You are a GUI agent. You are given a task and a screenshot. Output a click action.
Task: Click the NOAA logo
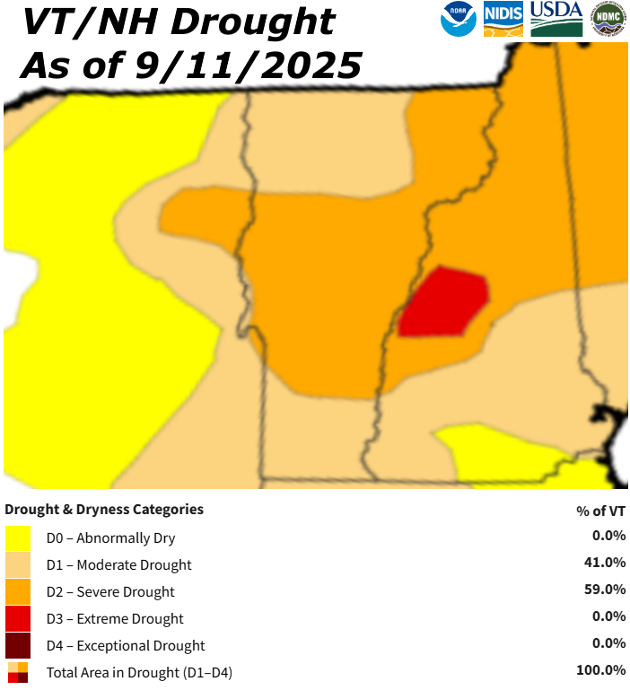(x=459, y=19)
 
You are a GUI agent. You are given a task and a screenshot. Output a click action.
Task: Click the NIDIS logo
(x=503, y=19)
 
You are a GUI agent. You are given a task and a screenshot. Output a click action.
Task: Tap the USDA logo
(x=556, y=19)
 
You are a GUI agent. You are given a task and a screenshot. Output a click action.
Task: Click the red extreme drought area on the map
(x=444, y=302)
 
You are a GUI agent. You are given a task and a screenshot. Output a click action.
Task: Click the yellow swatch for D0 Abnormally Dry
(x=18, y=538)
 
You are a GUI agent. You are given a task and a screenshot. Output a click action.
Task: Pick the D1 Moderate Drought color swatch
(x=18, y=565)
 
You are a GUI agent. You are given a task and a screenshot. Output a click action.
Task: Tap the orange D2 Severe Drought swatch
(x=18, y=592)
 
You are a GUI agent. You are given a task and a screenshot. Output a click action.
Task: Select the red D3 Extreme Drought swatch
(x=18, y=619)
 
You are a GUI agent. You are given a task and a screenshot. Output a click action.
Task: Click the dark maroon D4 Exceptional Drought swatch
(x=18, y=646)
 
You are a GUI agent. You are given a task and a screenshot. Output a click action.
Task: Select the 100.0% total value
(x=600, y=670)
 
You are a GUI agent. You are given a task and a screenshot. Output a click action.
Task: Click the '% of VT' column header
(x=600, y=511)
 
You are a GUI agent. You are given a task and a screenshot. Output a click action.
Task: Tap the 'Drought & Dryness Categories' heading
(x=104, y=510)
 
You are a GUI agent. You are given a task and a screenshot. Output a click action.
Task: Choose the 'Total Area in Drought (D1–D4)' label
(x=139, y=672)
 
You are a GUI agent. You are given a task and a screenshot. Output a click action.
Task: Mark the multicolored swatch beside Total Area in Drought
(x=18, y=672)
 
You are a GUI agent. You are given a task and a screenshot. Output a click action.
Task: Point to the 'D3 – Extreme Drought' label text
(x=115, y=619)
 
